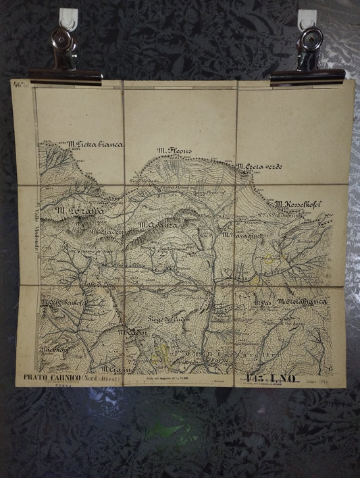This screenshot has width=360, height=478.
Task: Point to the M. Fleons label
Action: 175,151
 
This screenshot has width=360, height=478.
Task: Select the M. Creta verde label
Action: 259,166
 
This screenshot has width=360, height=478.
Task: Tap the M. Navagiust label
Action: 240,235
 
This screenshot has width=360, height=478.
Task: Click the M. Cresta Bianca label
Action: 301,301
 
